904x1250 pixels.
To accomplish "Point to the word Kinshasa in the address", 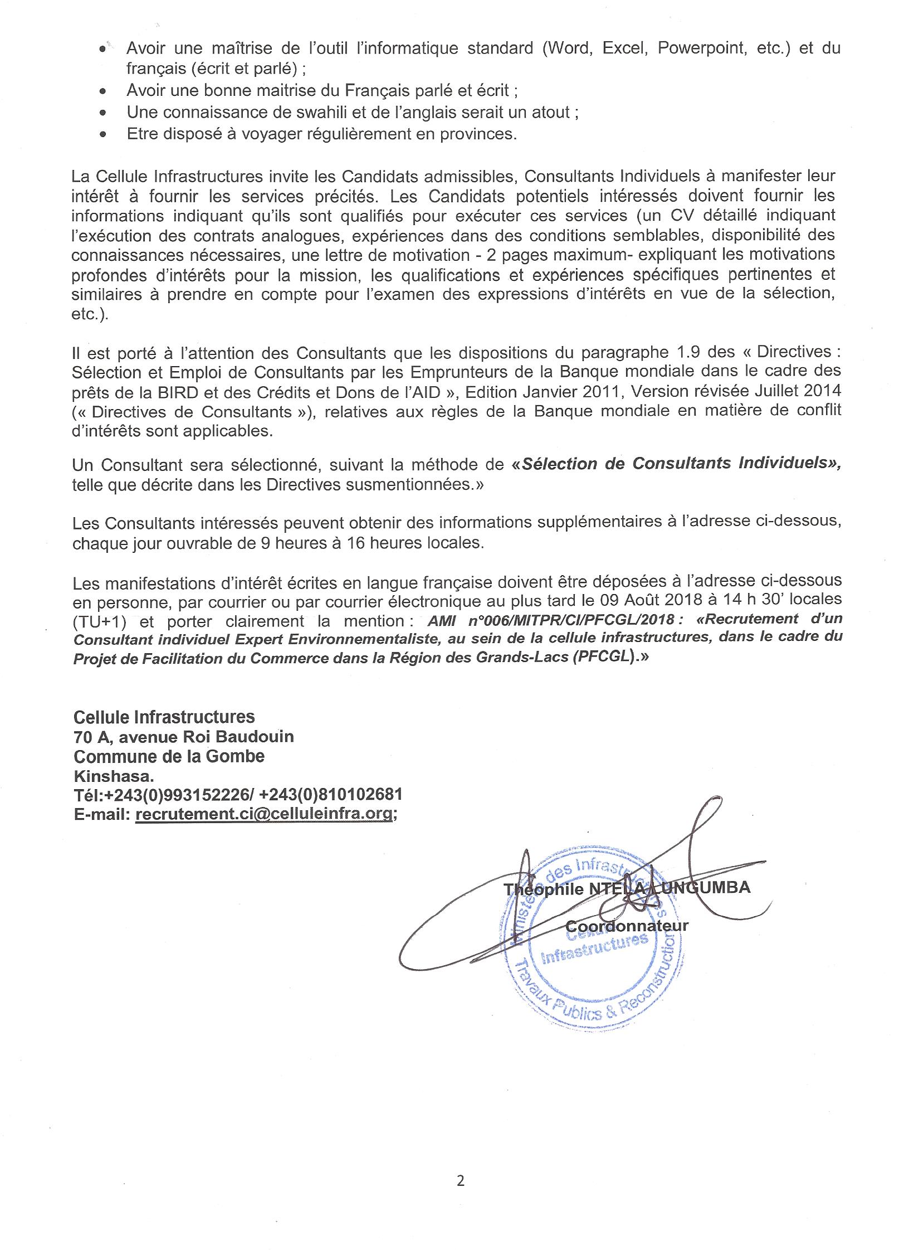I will tap(114, 775).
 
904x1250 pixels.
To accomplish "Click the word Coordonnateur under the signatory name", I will tap(627, 926).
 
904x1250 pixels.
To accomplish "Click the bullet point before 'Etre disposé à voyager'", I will tap(102, 134).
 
